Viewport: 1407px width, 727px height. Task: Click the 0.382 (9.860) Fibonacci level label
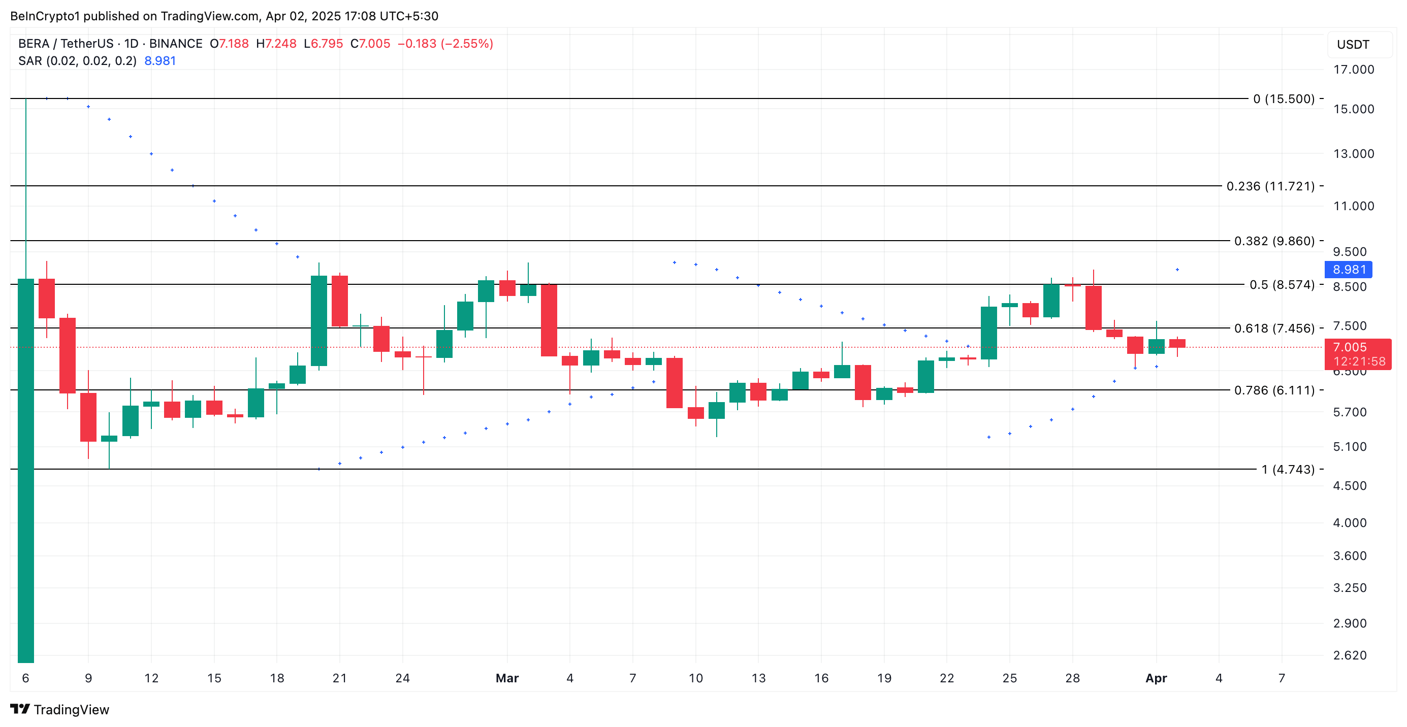pos(1274,241)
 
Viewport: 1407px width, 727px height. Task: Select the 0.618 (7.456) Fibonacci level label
pos(1274,328)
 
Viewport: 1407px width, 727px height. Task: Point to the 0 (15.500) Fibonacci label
pos(1284,99)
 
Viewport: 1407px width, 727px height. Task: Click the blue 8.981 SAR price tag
pos(1348,270)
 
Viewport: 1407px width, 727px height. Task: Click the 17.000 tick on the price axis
pos(1353,70)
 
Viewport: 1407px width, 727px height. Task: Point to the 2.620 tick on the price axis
pos(1349,655)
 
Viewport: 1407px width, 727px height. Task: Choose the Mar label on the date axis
pos(507,678)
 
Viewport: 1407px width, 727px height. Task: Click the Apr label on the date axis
pos(1156,678)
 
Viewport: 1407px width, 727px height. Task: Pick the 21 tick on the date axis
pos(340,678)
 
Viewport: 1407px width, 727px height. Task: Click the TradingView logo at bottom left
pos(60,710)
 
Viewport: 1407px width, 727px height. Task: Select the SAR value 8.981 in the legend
pos(160,60)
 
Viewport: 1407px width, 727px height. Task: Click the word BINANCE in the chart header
pos(175,44)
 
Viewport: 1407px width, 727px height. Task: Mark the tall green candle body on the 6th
pos(26,470)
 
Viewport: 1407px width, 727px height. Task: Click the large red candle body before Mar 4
pos(549,320)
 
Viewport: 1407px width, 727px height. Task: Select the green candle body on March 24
pos(988,333)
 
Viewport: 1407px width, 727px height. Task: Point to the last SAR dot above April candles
pos(1177,270)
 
